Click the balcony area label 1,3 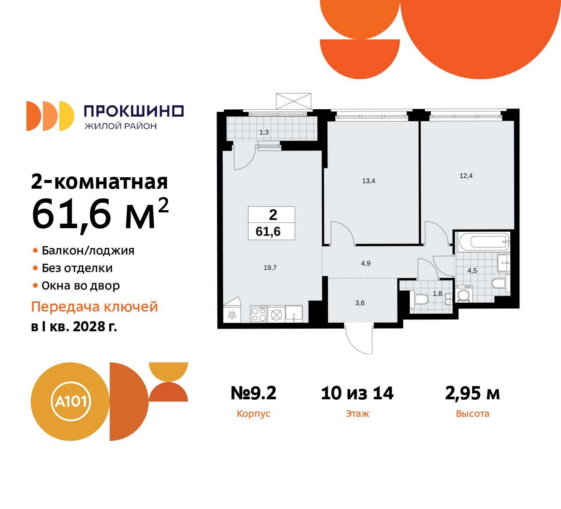(x=264, y=132)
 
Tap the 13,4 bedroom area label (x=369, y=181)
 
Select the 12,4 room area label (x=466, y=176)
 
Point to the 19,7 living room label (x=270, y=268)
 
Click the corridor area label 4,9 (x=366, y=263)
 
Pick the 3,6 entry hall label (x=360, y=303)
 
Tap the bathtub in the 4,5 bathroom (x=483, y=242)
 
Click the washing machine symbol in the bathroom (x=463, y=294)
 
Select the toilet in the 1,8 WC (x=421, y=299)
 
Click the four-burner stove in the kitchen (x=259, y=314)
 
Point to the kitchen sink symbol (x=294, y=314)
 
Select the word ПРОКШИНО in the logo (x=134, y=111)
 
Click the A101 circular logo (x=70, y=401)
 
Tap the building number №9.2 (x=253, y=393)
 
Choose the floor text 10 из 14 (x=357, y=393)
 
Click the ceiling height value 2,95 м (x=472, y=393)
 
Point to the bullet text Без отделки (x=77, y=268)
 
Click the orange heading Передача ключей (x=95, y=307)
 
